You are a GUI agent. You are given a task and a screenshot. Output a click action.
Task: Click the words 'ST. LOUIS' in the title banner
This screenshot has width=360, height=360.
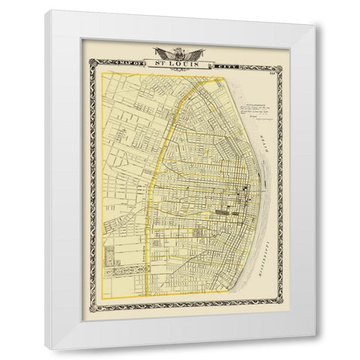180,61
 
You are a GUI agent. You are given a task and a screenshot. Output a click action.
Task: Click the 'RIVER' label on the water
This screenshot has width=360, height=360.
265,138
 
